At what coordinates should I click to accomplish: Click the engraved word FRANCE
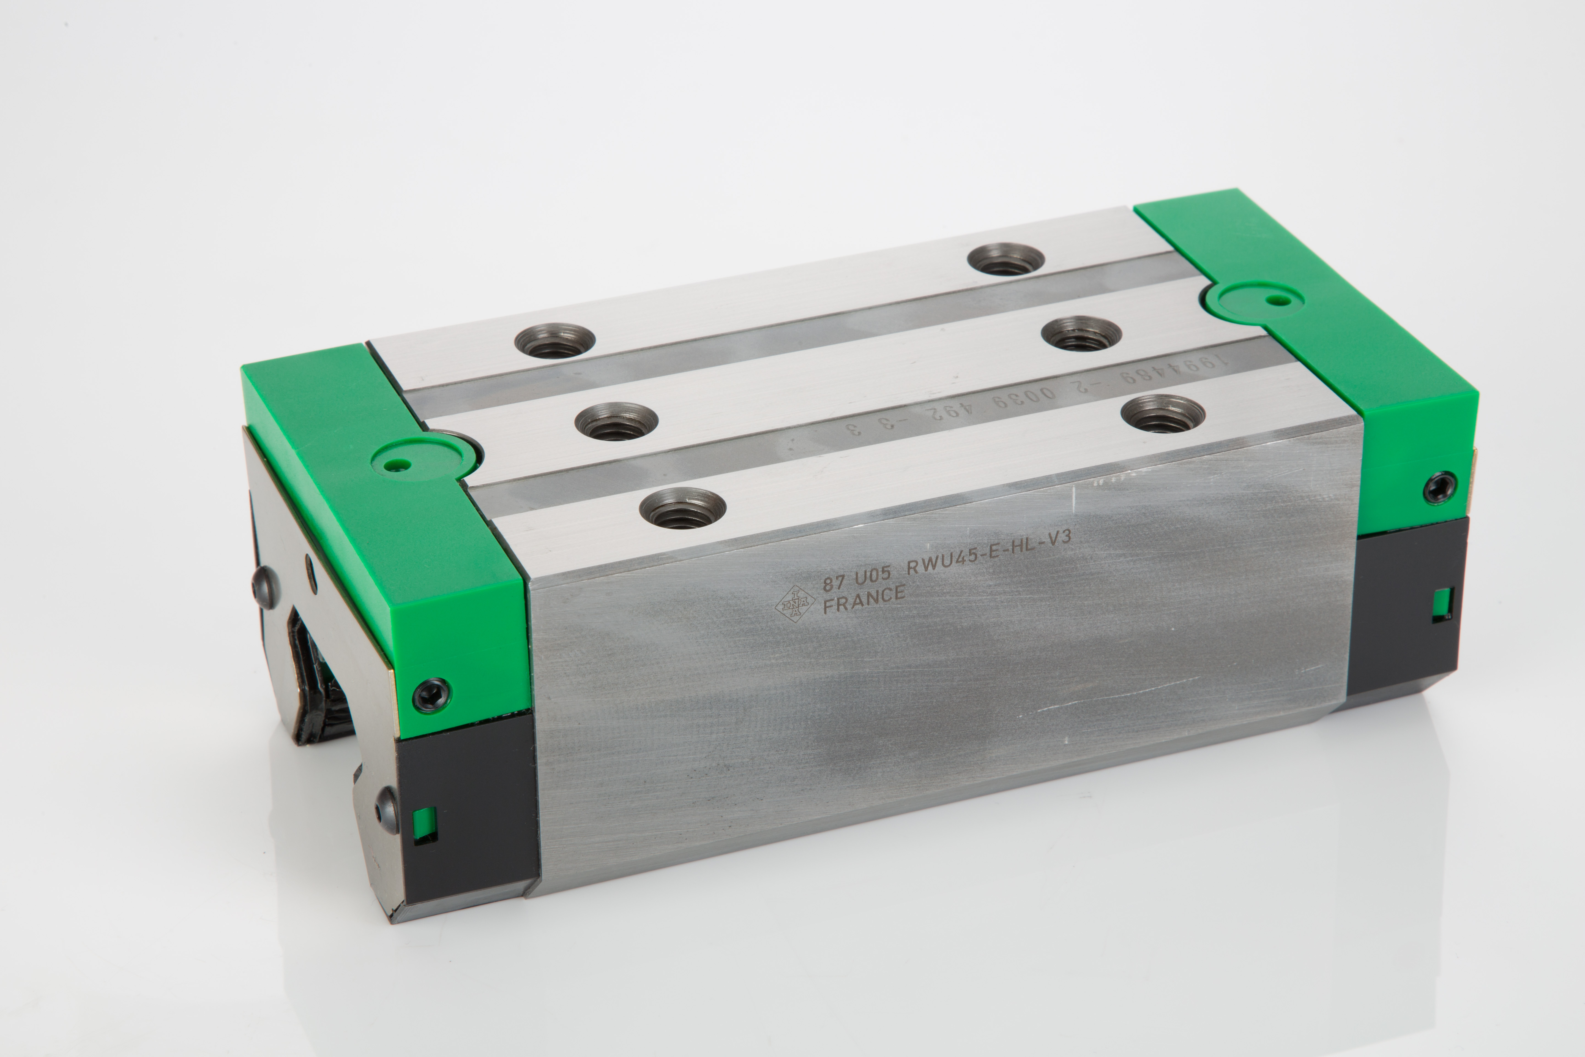pyautogui.click(x=864, y=598)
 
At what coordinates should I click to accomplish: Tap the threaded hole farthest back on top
pyautogui.click(x=1005, y=259)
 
